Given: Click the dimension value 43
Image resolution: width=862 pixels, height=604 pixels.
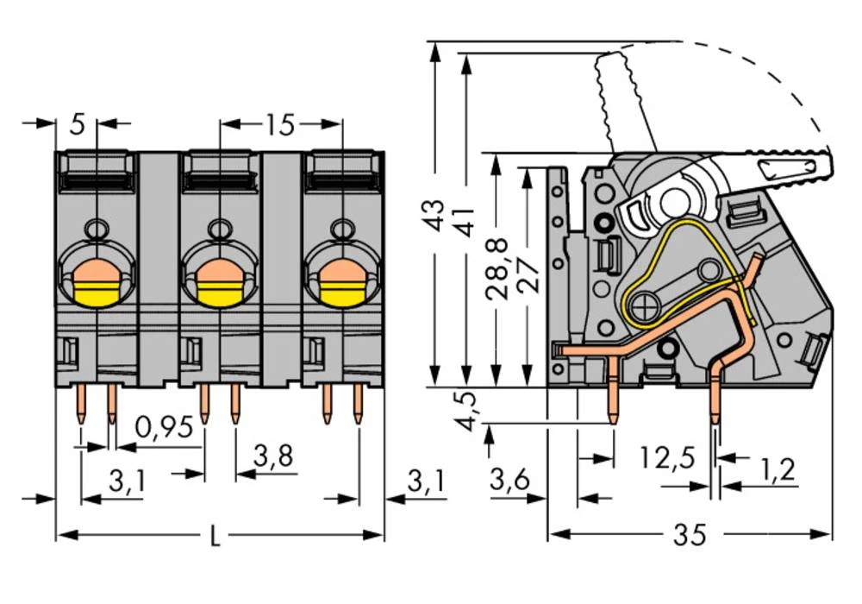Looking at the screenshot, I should (436, 215).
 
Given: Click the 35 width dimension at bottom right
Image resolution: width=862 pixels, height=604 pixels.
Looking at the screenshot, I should (690, 535).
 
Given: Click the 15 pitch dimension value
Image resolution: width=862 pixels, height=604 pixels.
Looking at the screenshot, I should (279, 125).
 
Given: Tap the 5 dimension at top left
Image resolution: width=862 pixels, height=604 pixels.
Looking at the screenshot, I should (77, 125).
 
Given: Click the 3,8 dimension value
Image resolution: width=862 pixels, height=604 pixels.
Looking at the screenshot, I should (274, 455).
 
